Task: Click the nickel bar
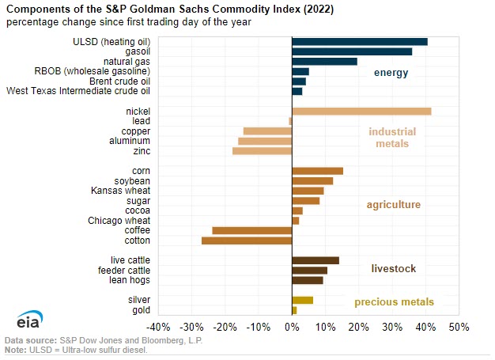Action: click(x=361, y=111)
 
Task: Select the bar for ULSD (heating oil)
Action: click(x=360, y=41)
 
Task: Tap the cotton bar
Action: click(x=247, y=240)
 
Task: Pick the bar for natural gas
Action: click(x=324, y=61)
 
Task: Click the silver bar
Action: click(x=302, y=300)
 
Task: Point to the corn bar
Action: click(x=317, y=171)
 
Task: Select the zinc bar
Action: click(x=262, y=150)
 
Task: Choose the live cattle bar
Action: click(x=316, y=260)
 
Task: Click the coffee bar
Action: click(x=251, y=230)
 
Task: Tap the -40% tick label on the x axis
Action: click(x=159, y=327)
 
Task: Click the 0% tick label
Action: click(x=292, y=327)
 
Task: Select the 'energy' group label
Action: click(x=391, y=74)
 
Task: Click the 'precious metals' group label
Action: click(x=394, y=301)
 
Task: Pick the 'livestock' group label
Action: click(x=394, y=269)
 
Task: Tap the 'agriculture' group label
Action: click(x=393, y=205)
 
